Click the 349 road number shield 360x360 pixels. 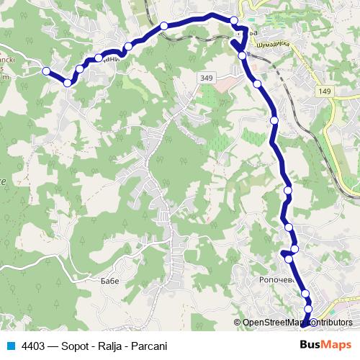click(207, 76)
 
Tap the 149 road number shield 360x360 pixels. click(325, 91)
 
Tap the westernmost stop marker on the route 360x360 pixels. click(46, 71)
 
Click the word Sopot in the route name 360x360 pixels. click(73, 345)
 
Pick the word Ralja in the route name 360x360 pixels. click(107, 345)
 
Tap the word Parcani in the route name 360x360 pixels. click(147, 345)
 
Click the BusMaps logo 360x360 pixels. click(325, 344)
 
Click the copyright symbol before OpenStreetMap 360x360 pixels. click(238, 323)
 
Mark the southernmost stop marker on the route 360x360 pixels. click(306, 321)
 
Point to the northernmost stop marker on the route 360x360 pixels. click(235, 19)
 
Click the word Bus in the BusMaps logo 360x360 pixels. click(311, 344)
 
